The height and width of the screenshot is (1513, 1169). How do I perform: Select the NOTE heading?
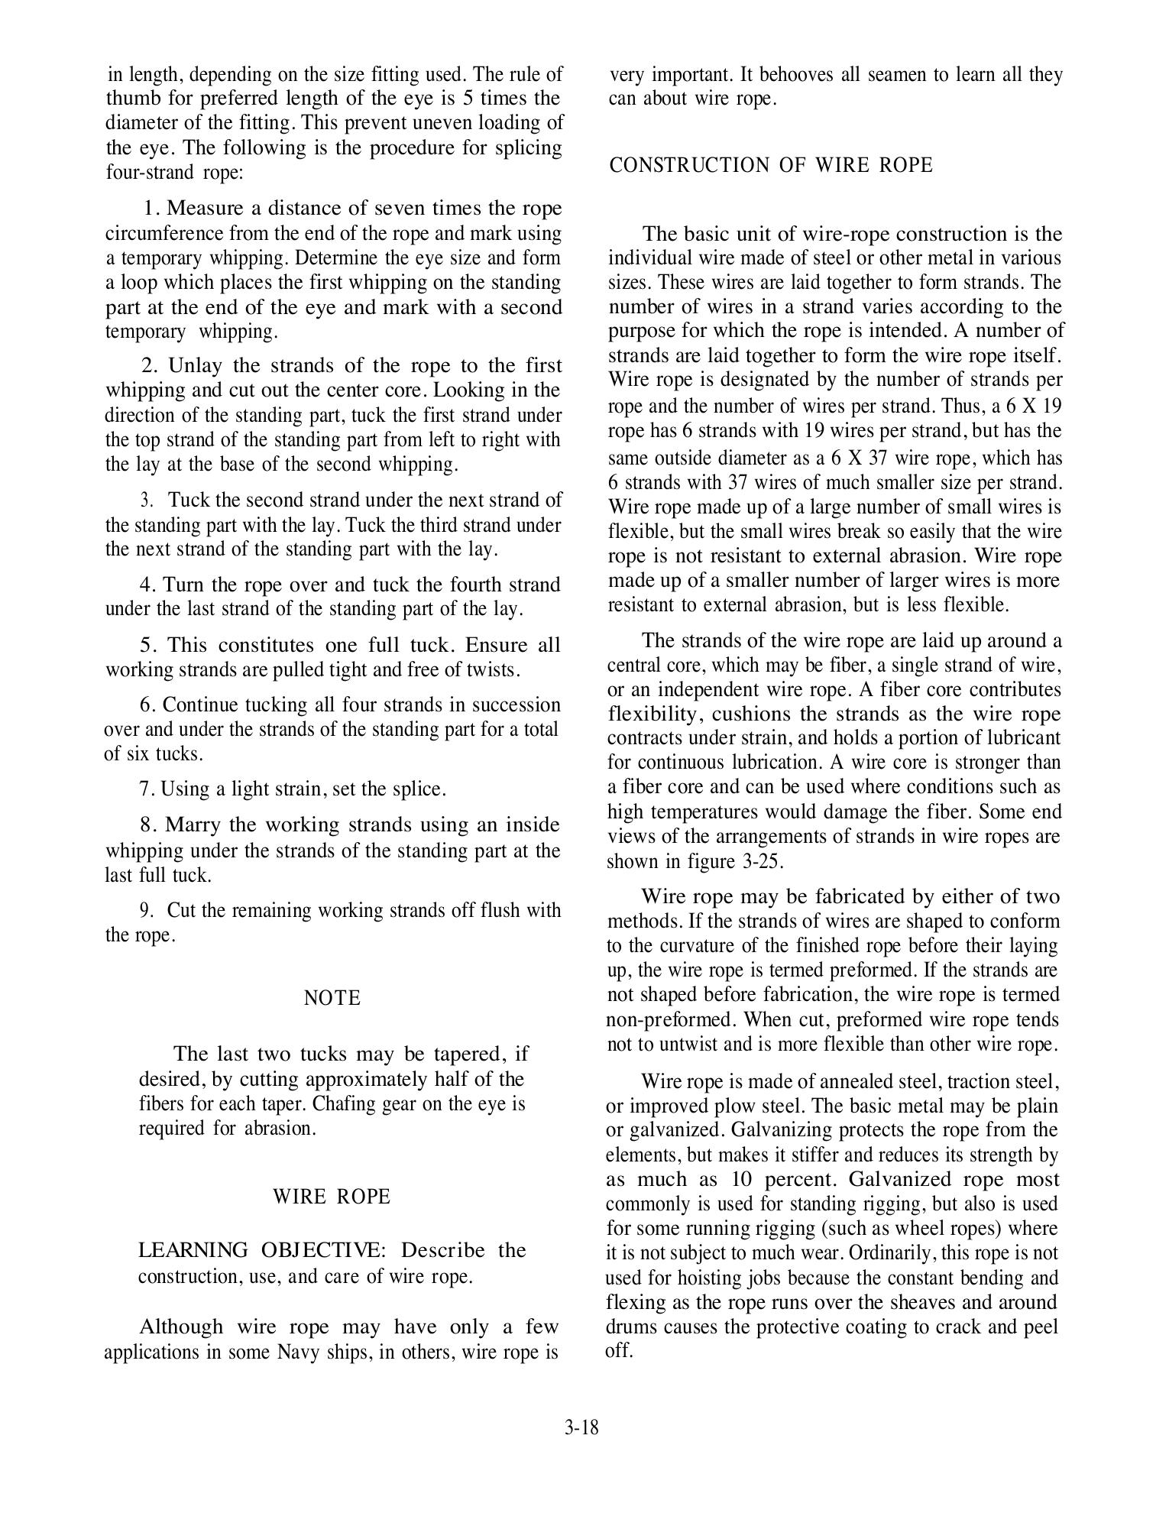(x=332, y=998)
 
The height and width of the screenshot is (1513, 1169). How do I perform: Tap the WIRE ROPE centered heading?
(x=332, y=1197)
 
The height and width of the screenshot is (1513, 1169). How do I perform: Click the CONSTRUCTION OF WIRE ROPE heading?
(x=771, y=166)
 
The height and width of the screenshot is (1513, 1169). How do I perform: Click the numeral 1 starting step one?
(x=149, y=209)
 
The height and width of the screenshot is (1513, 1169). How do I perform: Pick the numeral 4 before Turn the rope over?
(x=145, y=585)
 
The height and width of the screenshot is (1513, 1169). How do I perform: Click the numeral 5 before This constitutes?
(x=145, y=645)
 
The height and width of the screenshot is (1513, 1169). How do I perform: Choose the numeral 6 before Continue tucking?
(x=145, y=705)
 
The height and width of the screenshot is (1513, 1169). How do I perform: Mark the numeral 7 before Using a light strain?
(x=145, y=789)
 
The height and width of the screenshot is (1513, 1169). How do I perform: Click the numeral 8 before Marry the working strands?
(x=146, y=825)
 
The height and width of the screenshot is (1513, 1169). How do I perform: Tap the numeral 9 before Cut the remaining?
(x=145, y=911)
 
